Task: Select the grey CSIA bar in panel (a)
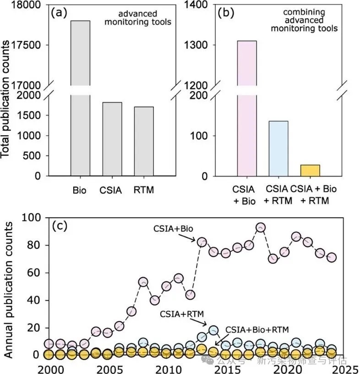pos(112,139)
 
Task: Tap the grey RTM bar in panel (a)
pos(144,142)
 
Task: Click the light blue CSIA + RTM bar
pos(278,148)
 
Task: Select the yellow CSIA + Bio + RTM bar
pos(310,170)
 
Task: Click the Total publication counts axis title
pos(7,99)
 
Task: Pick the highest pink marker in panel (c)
pos(261,228)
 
